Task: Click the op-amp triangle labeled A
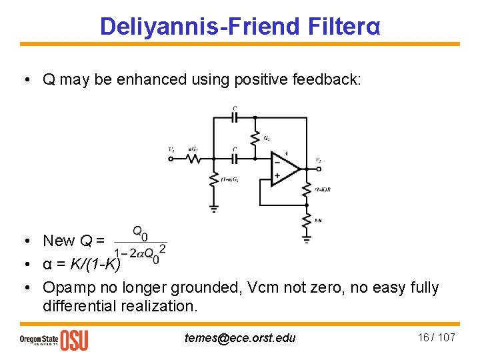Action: pyautogui.click(x=285, y=168)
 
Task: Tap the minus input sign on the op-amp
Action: pyautogui.click(x=277, y=161)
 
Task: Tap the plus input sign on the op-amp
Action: pyautogui.click(x=277, y=175)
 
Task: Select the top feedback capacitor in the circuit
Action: pyautogui.click(x=235, y=117)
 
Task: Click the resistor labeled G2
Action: pyautogui.click(x=254, y=139)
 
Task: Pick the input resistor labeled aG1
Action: pyautogui.click(x=194, y=159)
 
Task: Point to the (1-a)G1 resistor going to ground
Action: pyautogui.click(x=213, y=180)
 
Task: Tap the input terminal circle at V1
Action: pyautogui.click(x=171, y=159)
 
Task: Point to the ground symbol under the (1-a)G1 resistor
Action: pyautogui.click(x=213, y=208)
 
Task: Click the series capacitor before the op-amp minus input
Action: pyautogui.click(x=235, y=159)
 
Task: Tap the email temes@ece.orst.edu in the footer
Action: pyautogui.click(x=240, y=338)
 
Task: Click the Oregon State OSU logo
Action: pyautogui.click(x=53, y=339)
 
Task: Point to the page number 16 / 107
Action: pyautogui.click(x=436, y=337)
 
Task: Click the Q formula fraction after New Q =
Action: pyautogui.click(x=140, y=243)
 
